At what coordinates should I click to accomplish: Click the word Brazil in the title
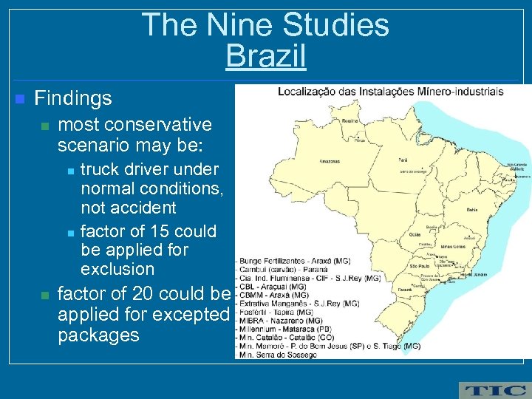265,56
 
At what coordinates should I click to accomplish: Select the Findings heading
73,98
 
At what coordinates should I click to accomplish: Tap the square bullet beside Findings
19,99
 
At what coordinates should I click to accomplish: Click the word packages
98,335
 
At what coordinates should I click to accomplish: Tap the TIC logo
493,389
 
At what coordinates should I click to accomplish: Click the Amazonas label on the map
330,160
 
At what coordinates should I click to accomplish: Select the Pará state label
403,158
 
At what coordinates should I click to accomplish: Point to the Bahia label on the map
472,211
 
